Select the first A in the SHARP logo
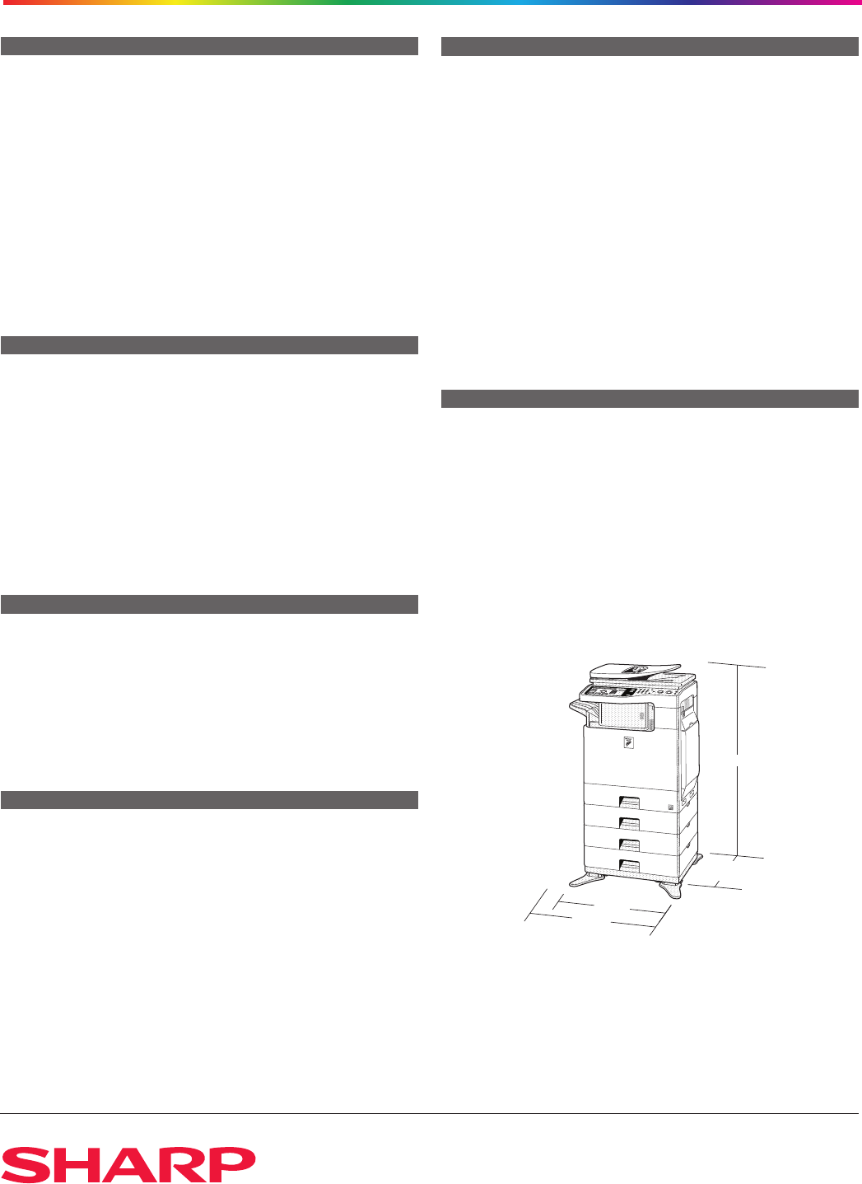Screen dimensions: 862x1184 (x=128, y=1164)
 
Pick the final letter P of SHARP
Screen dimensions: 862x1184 (x=231, y=1164)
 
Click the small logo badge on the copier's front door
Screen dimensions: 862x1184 (x=628, y=742)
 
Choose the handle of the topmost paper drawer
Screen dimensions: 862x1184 (x=629, y=803)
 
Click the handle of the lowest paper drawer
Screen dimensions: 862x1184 (x=629, y=866)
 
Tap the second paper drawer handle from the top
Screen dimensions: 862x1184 (x=629, y=823)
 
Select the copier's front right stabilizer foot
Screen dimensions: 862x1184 (x=669, y=890)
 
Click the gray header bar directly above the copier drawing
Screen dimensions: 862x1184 (x=650, y=399)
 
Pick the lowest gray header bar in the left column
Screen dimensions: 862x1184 (x=209, y=800)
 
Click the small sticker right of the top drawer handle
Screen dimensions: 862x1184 (x=670, y=807)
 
